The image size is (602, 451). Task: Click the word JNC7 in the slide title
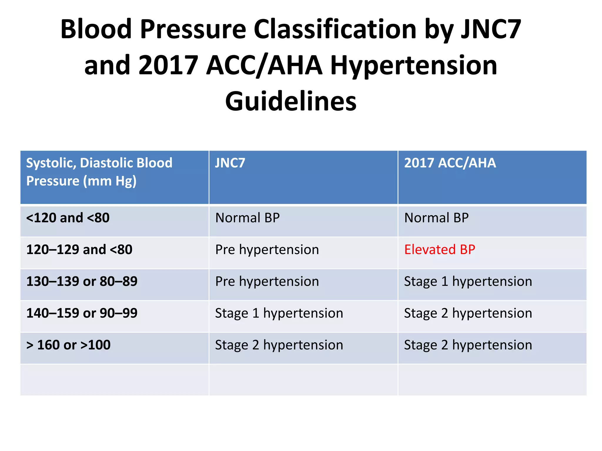pyautogui.click(x=491, y=29)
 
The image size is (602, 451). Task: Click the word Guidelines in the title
pyautogui.click(x=291, y=101)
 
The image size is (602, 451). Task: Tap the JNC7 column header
pyautogui.click(x=230, y=163)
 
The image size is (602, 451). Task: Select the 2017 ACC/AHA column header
pyautogui.click(x=450, y=163)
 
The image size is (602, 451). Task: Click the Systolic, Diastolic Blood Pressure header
pyautogui.click(x=99, y=172)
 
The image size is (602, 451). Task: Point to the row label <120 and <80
pyautogui.click(x=68, y=218)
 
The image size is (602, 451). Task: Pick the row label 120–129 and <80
pyautogui.click(x=79, y=250)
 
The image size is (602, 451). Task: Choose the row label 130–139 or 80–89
pyautogui.click(x=82, y=281)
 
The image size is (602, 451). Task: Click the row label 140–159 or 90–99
pyautogui.click(x=82, y=313)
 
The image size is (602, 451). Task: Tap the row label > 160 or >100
pyautogui.click(x=68, y=345)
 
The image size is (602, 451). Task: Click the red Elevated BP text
pyautogui.click(x=439, y=250)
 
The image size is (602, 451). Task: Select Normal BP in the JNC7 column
pyautogui.click(x=247, y=218)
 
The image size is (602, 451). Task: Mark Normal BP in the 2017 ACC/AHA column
pyautogui.click(x=436, y=218)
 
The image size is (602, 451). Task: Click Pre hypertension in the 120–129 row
pyautogui.click(x=267, y=250)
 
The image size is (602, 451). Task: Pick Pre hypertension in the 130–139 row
pyautogui.click(x=267, y=281)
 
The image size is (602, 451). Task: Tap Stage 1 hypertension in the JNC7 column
pyautogui.click(x=279, y=313)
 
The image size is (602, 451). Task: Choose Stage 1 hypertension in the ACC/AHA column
pyautogui.click(x=468, y=281)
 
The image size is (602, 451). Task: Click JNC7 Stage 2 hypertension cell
pyautogui.click(x=279, y=345)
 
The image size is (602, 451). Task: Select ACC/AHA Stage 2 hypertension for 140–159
pyautogui.click(x=468, y=313)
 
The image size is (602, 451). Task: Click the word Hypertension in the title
pyautogui.click(x=414, y=65)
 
